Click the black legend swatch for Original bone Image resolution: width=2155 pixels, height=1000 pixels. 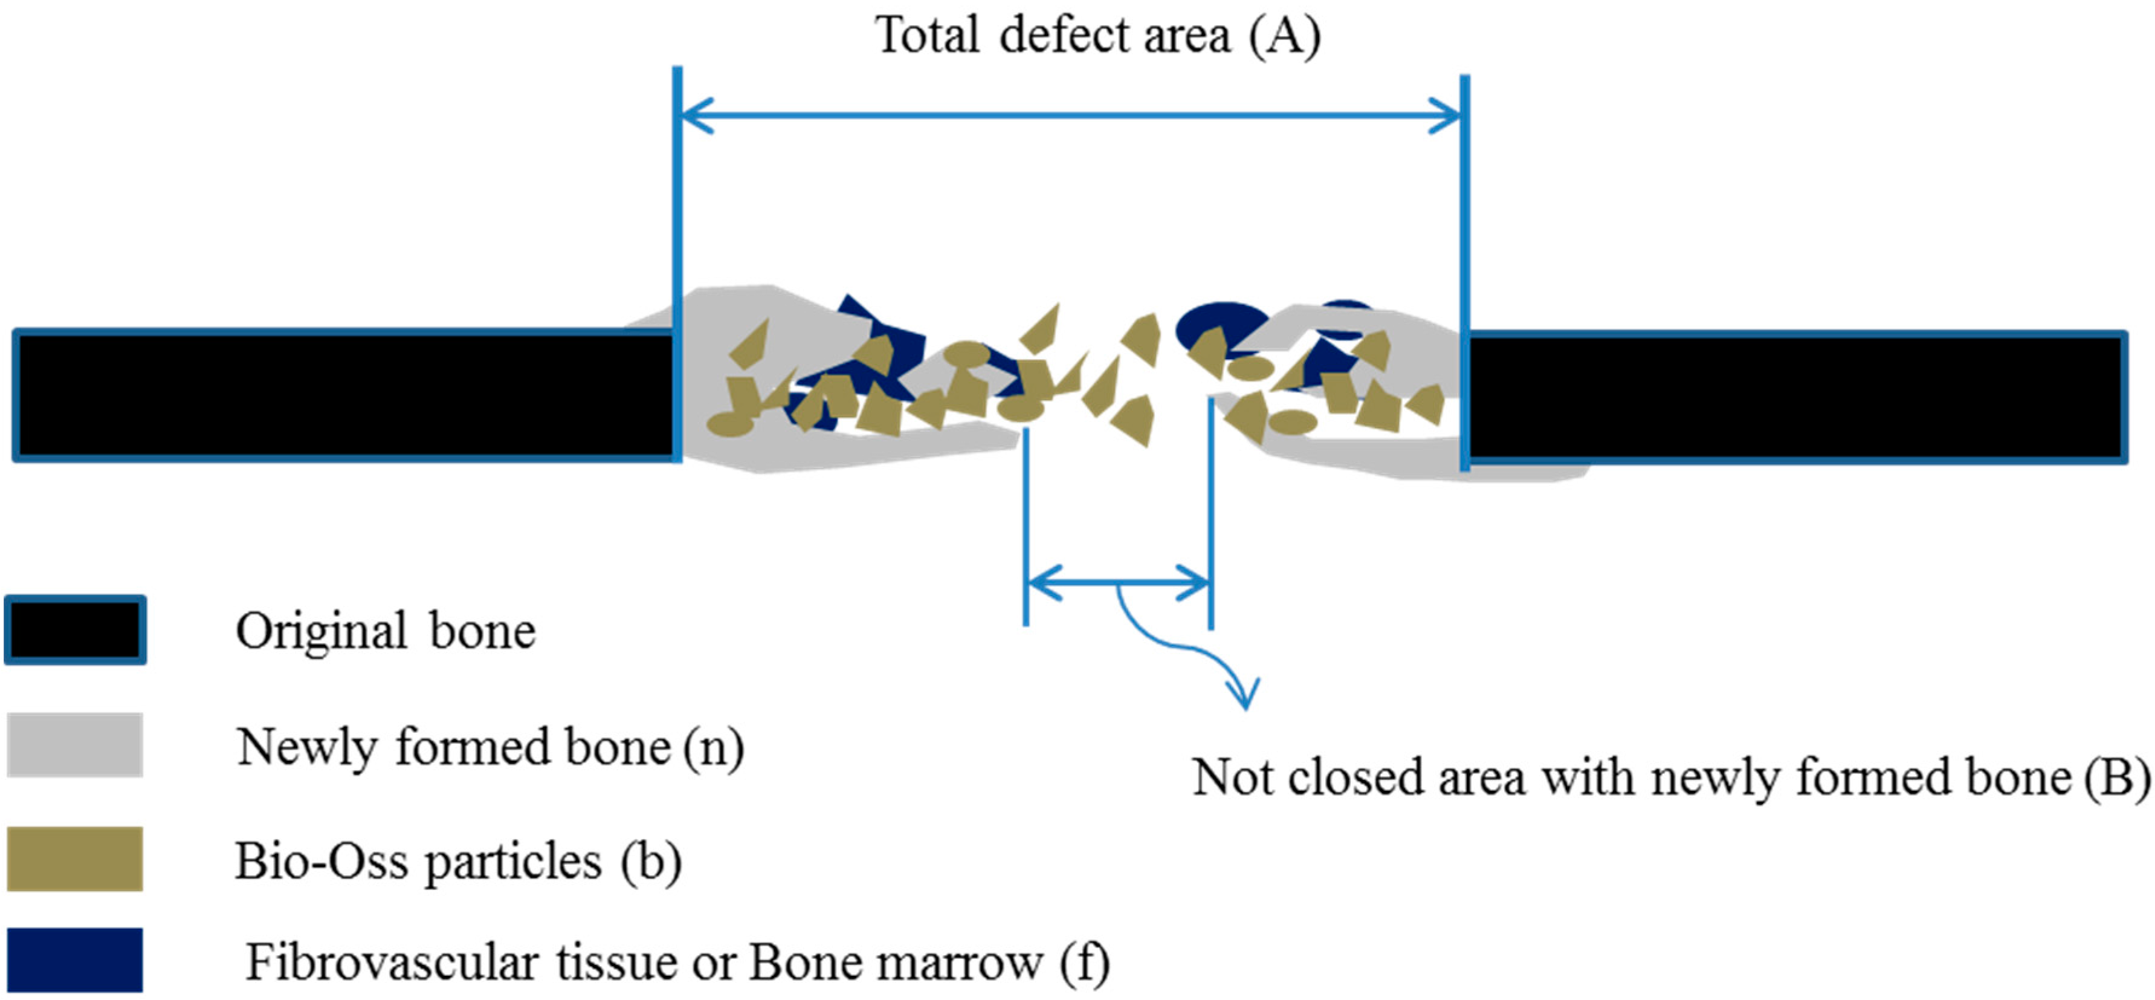click(76, 630)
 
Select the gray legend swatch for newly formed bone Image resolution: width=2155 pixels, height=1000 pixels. click(76, 745)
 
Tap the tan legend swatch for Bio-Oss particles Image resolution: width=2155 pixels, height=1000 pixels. click(76, 859)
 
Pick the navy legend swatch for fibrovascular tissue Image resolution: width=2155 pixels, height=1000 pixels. click(76, 960)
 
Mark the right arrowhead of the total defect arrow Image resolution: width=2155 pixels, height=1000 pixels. click(1446, 115)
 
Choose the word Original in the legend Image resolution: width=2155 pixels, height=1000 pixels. click(322, 632)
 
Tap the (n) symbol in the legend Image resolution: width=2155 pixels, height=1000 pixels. click(712, 747)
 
